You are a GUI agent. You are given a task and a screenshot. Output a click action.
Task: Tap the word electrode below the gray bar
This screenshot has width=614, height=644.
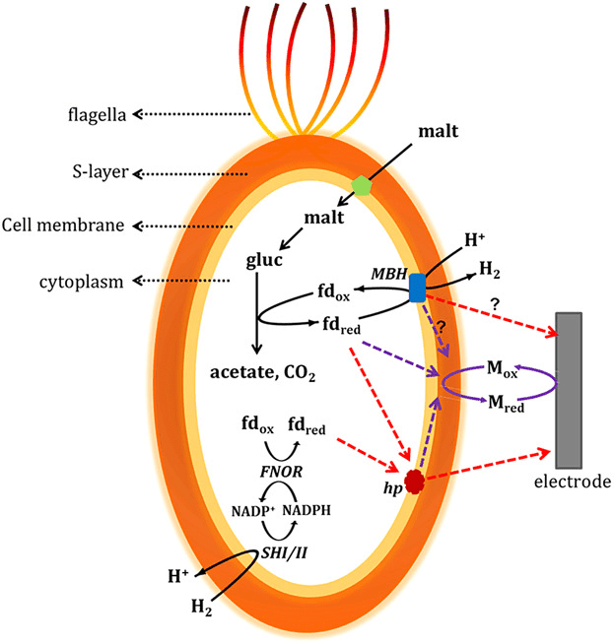pyautogui.click(x=573, y=483)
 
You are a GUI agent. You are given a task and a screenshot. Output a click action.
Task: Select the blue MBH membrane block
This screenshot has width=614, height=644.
pyautogui.click(x=417, y=288)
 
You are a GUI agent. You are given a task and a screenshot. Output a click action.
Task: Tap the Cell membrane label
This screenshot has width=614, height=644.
pyautogui.click(x=62, y=225)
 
